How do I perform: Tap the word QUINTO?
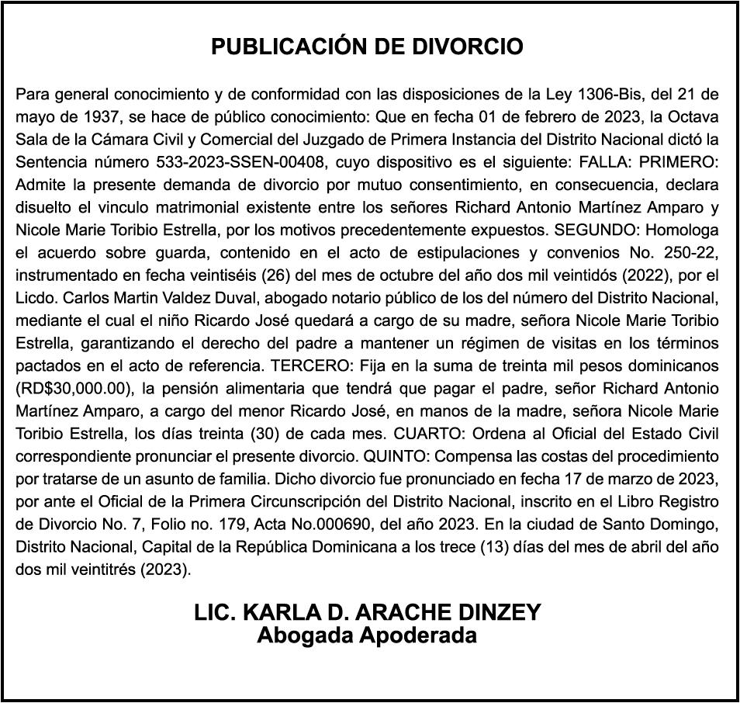pyautogui.click(x=367, y=455)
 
